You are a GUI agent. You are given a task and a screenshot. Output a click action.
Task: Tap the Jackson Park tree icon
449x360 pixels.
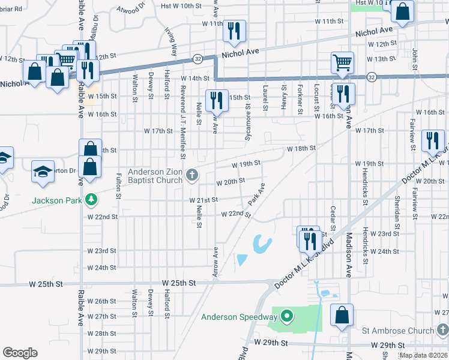(x=91, y=199)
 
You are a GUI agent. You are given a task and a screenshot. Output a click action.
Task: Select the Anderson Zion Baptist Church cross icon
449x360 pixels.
(x=192, y=175)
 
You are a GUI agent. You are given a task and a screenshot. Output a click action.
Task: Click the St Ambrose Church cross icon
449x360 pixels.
(x=442, y=330)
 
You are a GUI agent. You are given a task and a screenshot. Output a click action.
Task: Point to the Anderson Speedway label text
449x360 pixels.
(x=240, y=317)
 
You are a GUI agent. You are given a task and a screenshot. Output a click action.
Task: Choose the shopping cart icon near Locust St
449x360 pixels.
(x=342, y=62)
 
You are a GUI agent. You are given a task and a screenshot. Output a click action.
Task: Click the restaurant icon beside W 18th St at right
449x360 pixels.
(x=432, y=140)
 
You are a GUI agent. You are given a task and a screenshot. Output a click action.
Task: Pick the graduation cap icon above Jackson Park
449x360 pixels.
(x=43, y=171)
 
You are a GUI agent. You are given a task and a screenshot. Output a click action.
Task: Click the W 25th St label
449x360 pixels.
(x=179, y=282)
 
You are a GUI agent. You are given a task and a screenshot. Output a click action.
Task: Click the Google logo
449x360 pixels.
(x=20, y=352)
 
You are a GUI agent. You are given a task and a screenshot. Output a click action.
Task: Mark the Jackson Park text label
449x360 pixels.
(x=56, y=200)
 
